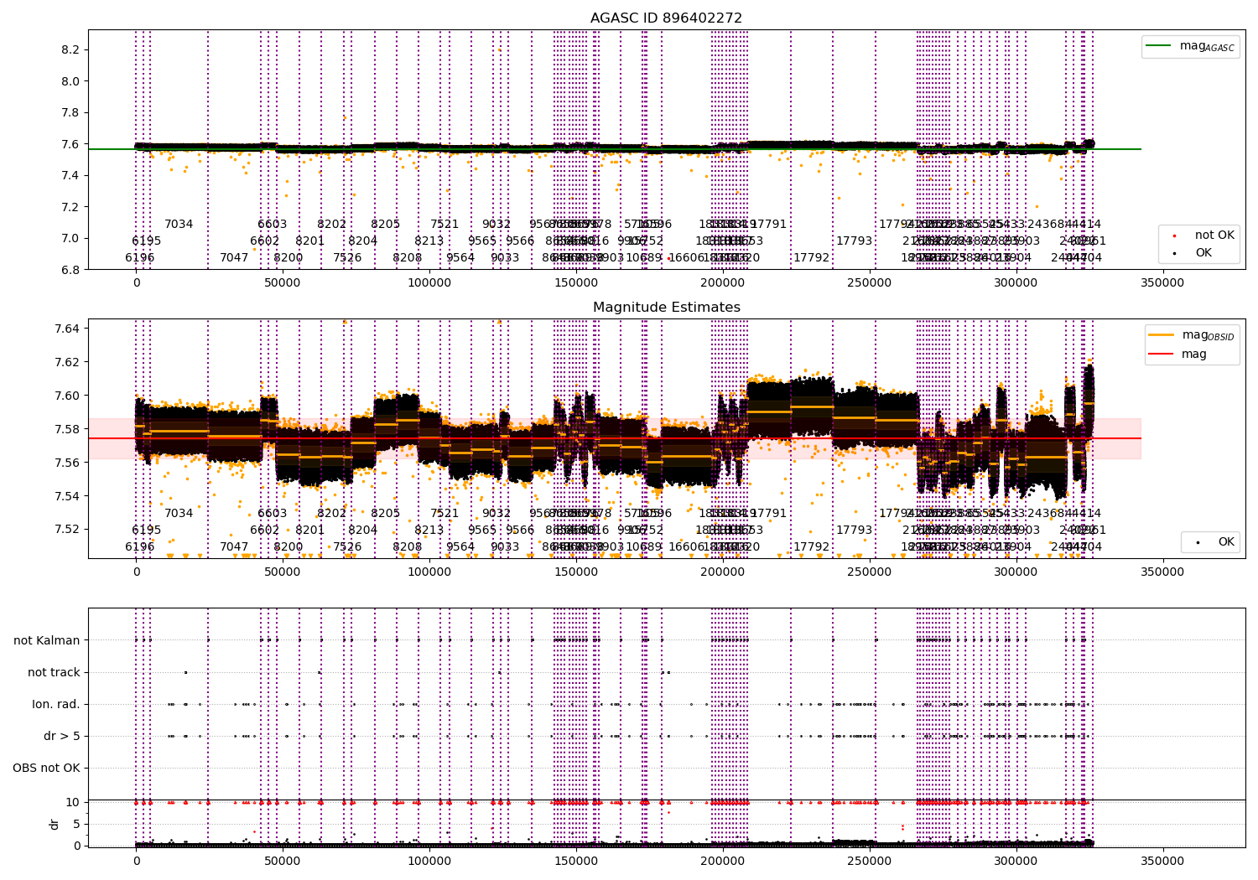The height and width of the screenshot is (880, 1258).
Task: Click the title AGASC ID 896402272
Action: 666,18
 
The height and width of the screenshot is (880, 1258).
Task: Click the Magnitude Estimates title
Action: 666,308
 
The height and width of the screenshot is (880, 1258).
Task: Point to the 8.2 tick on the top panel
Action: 70,49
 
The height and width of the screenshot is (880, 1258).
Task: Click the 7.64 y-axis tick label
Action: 66,329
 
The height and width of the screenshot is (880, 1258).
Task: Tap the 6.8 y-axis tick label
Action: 70,269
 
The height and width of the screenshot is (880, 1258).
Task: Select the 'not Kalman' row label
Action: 47,640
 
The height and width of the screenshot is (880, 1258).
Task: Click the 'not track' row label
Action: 54,672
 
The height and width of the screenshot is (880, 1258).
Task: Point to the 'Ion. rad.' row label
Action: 56,704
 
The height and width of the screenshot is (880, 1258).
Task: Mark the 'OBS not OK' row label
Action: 46,768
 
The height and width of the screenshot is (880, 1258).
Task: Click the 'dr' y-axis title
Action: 55,824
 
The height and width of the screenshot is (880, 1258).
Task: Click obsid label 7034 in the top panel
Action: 179,225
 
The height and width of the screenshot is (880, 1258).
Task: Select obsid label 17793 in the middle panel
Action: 854,530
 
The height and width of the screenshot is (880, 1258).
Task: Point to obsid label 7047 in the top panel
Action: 234,257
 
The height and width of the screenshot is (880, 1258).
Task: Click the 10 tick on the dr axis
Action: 73,802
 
